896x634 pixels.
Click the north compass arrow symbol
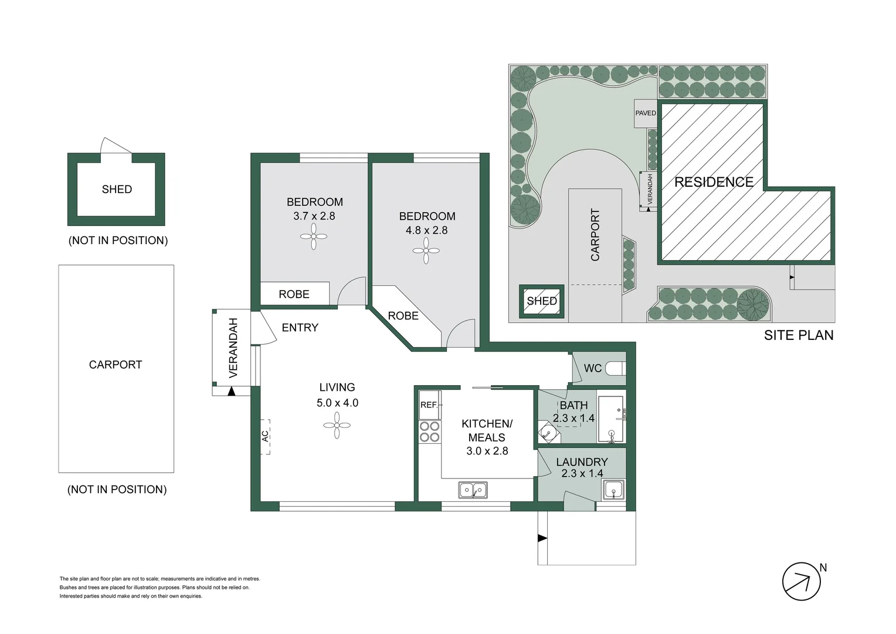[x=802, y=581]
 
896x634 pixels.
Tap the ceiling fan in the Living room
[x=337, y=425]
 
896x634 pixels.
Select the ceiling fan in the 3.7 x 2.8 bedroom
[x=314, y=237]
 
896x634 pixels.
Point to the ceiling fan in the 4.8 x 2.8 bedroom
[x=426, y=251]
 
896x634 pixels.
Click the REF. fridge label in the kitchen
[x=429, y=405]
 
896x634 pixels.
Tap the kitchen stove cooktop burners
[x=430, y=431]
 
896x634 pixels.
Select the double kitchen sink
[x=473, y=489]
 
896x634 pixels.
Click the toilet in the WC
[x=615, y=369]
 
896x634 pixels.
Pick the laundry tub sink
[x=613, y=489]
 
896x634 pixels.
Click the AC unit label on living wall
[x=265, y=436]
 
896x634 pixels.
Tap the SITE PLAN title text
[x=798, y=335]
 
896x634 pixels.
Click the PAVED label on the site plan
[x=646, y=113]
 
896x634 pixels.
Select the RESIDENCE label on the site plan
[x=714, y=182]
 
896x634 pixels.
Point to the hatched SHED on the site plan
[x=542, y=301]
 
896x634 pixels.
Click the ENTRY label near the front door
[x=300, y=328]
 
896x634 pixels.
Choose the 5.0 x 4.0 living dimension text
[x=337, y=403]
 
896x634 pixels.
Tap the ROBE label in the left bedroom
[x=294, y=294]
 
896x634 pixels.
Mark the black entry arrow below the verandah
[x=232, y=390]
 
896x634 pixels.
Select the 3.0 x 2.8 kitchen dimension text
[x=487, y=451]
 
